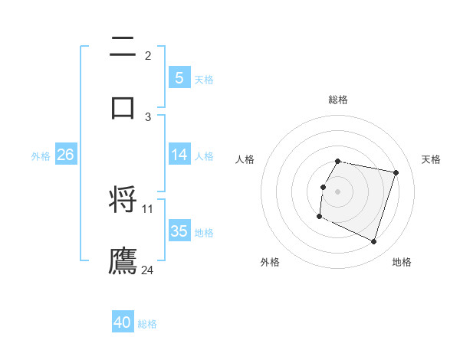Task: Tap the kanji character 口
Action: [123, 107]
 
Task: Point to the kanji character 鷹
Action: [123, 260]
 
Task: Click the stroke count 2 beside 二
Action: [148, 55]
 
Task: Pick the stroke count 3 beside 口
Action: [148, 116]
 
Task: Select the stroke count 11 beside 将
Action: [148, 208]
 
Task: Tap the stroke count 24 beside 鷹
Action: [148, 270]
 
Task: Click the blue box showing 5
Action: [179, 78]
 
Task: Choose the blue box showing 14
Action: [179, 155]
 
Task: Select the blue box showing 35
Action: [179, 231]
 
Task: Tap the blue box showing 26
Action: [65, 155]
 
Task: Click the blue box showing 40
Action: [123, 323]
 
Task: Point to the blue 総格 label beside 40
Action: [148, 324]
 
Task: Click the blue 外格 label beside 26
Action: [41, 155]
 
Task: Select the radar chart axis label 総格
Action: [338, 100]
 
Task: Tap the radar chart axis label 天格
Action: [432, 159]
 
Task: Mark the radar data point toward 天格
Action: [396, 173]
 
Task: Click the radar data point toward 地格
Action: [373, 242]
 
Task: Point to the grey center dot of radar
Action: [338, 191]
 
